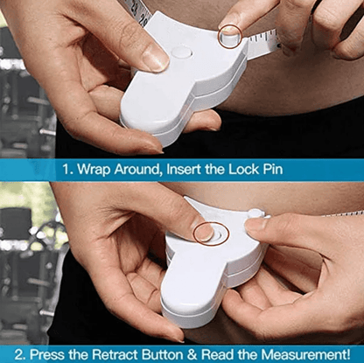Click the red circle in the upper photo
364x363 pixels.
(230, 36)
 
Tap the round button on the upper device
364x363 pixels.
(182, 52)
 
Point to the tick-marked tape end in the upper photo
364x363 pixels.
(262, 42)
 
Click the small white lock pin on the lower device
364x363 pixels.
(254, 213)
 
